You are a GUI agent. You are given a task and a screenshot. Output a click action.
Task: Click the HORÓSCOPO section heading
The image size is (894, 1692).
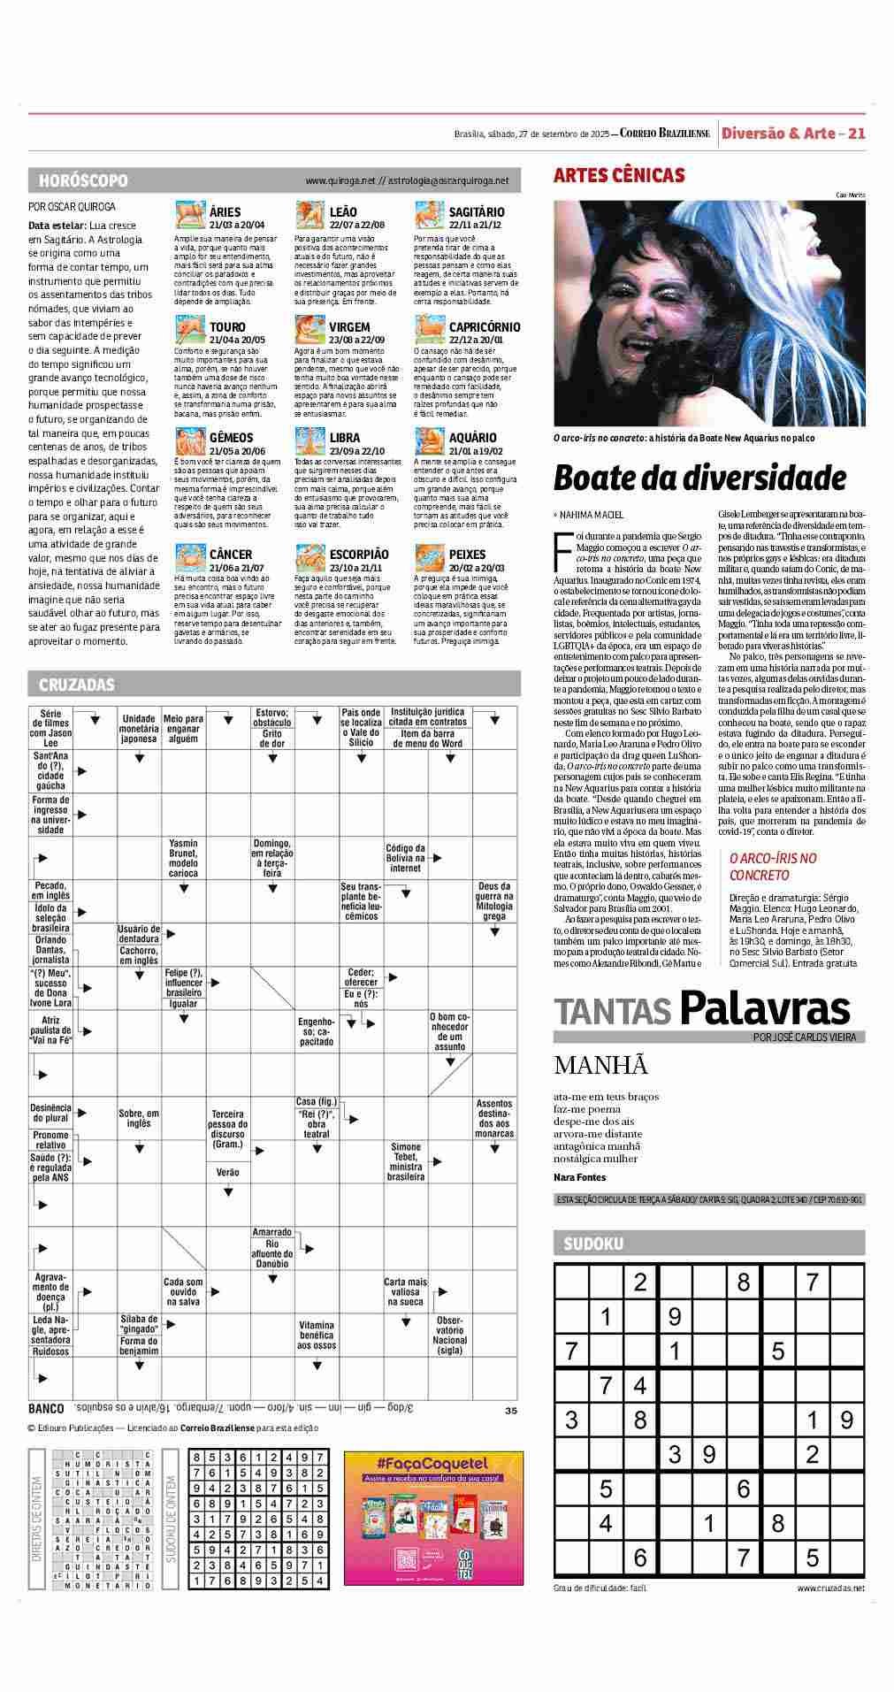[x=83, y=180]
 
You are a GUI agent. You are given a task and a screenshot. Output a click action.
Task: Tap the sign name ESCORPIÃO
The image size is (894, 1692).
[x=358, y=555]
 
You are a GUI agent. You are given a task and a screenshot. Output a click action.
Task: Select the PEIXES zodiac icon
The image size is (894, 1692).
[x=429, y=559]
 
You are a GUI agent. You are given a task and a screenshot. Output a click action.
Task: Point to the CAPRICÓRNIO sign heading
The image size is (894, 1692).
[x=484, y=327]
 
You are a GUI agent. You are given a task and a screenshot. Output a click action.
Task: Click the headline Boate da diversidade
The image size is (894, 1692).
[x=699, y=479]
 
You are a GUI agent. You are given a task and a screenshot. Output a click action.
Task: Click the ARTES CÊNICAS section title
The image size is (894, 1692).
[x=619, y=175]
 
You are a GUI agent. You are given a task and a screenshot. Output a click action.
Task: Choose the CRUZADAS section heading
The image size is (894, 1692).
[x=77, y=685]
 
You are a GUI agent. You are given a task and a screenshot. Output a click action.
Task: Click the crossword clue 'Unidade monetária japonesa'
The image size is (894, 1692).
[x=139, y=729]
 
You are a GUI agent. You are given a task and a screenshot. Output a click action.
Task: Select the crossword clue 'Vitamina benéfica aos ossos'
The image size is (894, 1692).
[x=317, y=1336]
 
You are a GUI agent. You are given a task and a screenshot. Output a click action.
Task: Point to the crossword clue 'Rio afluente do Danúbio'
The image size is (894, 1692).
[x=272, y=1253]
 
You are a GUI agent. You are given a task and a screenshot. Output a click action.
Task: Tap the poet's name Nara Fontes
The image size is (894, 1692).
[x=580, y=1177]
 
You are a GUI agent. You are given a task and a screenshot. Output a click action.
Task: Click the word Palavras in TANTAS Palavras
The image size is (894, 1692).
[x=764, y=1009]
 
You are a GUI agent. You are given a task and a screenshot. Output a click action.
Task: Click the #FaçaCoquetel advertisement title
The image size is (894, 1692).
[x=433, y=1464]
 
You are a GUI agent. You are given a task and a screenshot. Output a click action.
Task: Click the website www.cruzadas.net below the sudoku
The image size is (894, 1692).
[x=830, y=1589]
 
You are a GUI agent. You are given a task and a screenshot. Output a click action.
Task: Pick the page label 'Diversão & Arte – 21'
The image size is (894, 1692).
[x=792, y=134]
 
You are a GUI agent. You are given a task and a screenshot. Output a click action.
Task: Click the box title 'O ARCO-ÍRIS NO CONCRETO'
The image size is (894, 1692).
[x=773, y=867]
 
